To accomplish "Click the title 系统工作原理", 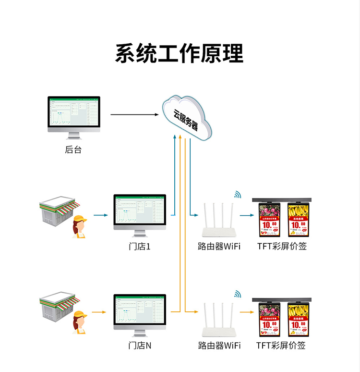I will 180,53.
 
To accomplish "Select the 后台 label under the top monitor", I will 73,150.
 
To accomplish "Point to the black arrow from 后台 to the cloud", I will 134,114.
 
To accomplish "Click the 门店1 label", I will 140,247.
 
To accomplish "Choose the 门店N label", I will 140,346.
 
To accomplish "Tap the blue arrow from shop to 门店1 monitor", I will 100,215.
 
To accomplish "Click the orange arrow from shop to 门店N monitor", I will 99,312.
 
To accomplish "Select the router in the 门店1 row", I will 219,222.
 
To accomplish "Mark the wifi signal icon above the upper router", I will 237,195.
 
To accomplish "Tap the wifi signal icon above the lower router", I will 237,294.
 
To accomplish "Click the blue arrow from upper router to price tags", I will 247,215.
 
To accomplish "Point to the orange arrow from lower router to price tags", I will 247,312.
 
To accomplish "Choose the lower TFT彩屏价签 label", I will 281,346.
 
